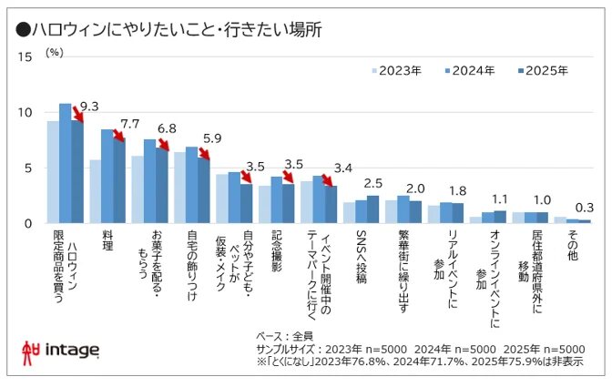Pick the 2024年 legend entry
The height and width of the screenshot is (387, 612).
[471, 70]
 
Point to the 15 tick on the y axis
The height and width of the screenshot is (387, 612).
[25, 56]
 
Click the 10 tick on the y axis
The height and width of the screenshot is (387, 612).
[25, 113]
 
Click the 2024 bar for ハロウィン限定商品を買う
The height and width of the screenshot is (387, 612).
[65, 164]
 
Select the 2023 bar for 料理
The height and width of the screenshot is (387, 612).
[95, 191]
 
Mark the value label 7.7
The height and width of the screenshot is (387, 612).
[130, 124]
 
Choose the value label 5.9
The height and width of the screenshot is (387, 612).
[212, 139]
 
